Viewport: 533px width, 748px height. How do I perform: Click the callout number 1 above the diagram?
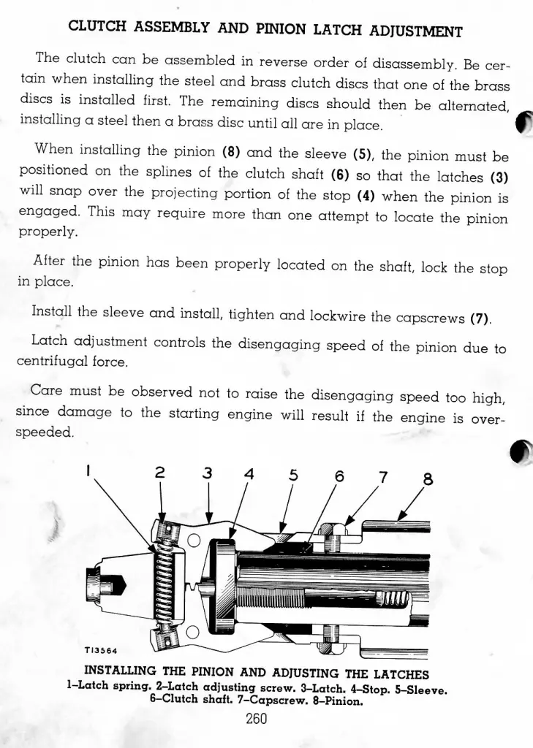point(88,470)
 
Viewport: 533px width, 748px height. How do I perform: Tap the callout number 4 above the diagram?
point(249,473)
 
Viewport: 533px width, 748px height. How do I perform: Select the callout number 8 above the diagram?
point(428,478)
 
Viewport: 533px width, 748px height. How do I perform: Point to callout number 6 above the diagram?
point(339,476)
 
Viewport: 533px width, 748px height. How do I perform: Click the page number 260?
point(256,719)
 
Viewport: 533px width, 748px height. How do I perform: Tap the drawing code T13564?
point(101,650)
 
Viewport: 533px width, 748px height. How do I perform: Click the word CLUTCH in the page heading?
point(97,26)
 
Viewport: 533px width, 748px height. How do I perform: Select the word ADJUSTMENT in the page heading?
point(416,31)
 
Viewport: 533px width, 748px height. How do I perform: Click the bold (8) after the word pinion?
point(231,152)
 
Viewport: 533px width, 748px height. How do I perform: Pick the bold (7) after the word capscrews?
point(481,318)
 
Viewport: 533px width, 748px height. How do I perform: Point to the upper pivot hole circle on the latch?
point(194,540)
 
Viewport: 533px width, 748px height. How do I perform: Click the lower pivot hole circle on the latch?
point(192,632)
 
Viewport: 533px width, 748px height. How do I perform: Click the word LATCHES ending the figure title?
point(401,674)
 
